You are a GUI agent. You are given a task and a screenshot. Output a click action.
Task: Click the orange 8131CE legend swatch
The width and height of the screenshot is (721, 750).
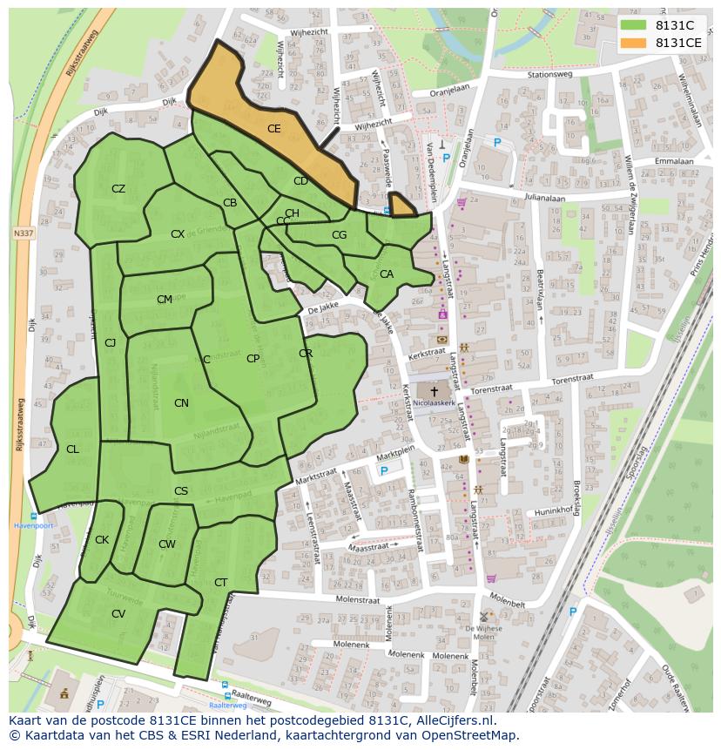click(633, 42)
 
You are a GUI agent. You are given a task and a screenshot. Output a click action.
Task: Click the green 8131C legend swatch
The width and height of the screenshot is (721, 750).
click(633, 25)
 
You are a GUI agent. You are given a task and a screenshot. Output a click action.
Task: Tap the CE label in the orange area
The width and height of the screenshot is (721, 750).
click(273, 129)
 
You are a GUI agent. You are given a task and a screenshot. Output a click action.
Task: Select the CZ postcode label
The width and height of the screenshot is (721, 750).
click(118, 189)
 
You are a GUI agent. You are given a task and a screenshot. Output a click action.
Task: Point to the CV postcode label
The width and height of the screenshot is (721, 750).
click(118, 614)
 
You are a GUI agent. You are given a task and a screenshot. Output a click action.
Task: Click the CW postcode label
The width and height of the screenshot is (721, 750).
click(167, 544)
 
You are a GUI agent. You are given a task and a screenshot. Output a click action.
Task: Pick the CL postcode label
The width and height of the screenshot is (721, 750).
click(72, 449)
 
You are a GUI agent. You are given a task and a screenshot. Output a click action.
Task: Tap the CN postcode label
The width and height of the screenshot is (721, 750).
click(181, 403)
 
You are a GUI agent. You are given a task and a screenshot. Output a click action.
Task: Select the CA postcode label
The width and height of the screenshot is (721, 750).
click(387, 274)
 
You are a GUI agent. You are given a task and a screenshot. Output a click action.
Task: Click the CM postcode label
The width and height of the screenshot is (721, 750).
click(165, 300)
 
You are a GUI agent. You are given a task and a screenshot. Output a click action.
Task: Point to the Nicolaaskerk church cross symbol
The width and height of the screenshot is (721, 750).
click(435, 392)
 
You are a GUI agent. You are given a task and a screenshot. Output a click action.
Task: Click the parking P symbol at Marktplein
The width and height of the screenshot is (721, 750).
click(384, 471)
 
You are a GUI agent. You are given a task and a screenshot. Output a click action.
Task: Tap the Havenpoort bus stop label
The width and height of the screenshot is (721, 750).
click(33, 525)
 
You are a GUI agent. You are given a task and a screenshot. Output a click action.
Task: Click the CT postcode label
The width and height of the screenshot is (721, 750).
click(220, 583)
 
